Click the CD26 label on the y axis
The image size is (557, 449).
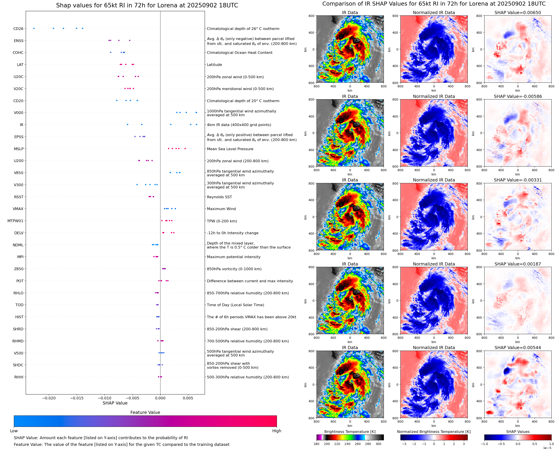(18, 29)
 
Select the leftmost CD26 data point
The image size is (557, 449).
(34, 28)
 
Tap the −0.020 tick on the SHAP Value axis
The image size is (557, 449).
(49, 398)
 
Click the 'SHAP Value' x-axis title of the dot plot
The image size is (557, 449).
(115, 403)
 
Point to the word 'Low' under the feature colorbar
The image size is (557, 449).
(14, 431)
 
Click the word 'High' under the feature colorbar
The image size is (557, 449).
(276, 431)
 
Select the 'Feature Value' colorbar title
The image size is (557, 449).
(145, 413)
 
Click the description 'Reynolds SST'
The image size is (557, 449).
(219, 197)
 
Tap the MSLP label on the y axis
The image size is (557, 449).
(19, 149)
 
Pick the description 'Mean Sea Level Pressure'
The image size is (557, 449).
(230, 149)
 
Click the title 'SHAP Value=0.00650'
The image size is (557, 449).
(517, 13)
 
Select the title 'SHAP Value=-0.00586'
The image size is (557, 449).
(517, 97)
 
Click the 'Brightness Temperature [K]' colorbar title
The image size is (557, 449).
(350, 432)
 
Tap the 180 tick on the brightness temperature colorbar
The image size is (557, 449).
(316, 444)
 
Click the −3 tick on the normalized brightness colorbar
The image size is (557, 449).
(404, 444)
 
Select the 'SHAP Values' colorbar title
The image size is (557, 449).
(517, 432)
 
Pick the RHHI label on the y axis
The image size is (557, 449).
(19, 377)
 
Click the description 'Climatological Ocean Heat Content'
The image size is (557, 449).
(239, 53)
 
